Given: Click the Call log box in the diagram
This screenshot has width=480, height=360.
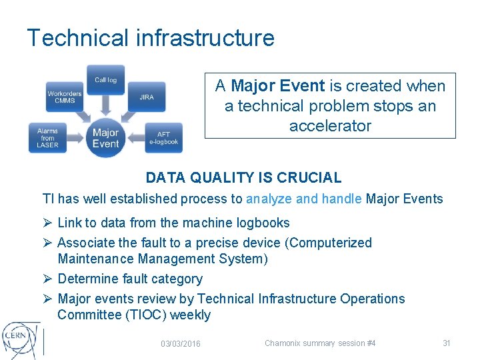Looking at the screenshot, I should pos(105,81).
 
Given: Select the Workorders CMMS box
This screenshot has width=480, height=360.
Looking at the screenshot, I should pos(64,98).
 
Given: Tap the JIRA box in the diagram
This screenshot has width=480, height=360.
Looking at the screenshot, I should pos(147,97).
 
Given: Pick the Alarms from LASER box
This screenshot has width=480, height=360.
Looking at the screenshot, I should pos(47,138).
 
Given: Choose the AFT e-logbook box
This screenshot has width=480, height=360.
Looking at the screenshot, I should pos(163,138).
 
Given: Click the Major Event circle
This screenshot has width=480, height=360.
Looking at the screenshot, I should pos(105,138).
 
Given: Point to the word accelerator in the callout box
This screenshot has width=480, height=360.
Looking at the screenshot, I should pos(330,126).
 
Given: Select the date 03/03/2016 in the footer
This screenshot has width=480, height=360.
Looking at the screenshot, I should pos(181,343).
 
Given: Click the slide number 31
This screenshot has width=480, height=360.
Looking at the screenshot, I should pos(447,343).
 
